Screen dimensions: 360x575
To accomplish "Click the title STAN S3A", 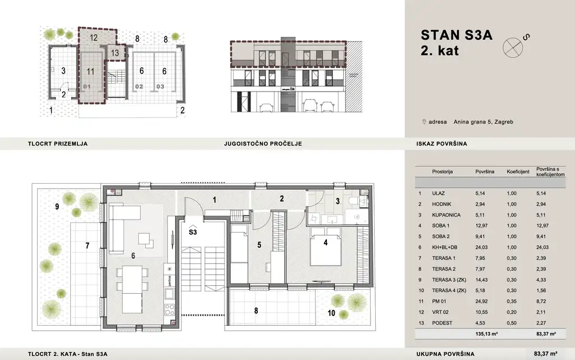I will [456, 35].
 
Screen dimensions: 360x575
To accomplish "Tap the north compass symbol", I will [512, 46].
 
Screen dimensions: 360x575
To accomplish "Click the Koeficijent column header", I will [518, 171].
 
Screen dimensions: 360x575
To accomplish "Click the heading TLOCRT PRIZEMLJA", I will [57, 144].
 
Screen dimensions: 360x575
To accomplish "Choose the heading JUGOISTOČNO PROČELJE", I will [263, 144].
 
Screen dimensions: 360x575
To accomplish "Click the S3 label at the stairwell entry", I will [193, 231].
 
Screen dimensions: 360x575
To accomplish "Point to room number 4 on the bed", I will [325, 243].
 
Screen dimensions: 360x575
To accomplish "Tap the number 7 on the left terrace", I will [87, 245].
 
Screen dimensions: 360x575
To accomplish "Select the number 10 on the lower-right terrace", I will [331, 313].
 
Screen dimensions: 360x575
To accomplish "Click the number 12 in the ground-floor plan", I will [94, 38].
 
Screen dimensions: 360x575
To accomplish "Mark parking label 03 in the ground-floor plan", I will [161, 87].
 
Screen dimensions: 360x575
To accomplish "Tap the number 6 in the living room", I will [133, 255].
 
